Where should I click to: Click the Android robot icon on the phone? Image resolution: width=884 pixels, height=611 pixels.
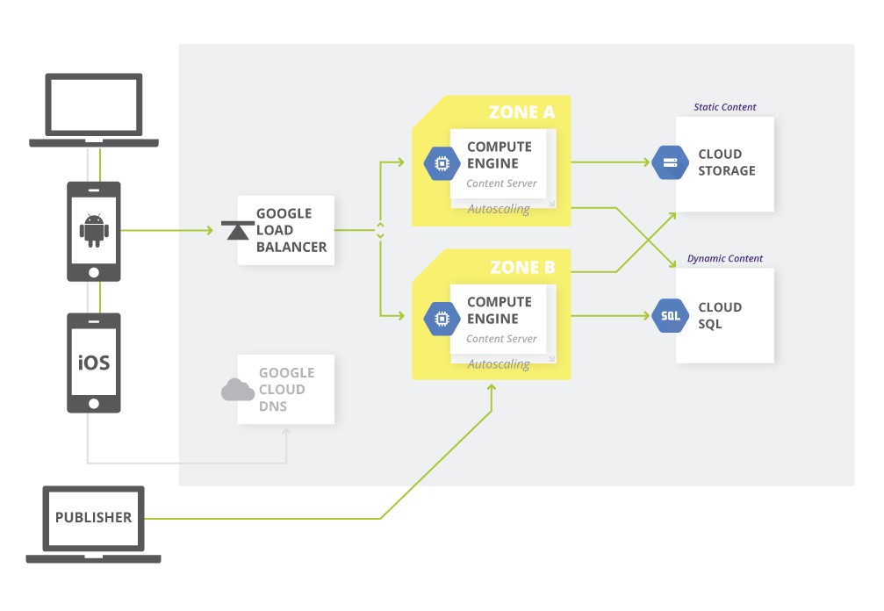(x=94, y=229)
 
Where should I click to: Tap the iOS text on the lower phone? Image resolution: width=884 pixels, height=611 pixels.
(x=94, y=362)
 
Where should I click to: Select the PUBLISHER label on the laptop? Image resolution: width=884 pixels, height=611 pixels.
(x=93, y=518)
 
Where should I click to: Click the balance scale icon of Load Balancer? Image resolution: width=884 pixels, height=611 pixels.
(x=235, y=231)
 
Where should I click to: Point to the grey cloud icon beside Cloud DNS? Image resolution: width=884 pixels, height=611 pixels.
(x=237, y=390)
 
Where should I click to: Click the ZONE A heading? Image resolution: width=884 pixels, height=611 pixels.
(x=521, y=112)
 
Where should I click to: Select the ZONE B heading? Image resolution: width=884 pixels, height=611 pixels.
(x=521, y=267)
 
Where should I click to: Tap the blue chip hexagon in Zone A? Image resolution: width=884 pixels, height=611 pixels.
(x=442, y=164)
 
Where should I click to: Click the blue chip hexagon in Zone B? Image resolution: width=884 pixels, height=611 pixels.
(x=442, y=319)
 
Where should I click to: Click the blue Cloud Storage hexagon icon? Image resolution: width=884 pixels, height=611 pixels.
(x=671, y=162)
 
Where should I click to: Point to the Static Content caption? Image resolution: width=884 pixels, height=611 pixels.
(x=724, y=107)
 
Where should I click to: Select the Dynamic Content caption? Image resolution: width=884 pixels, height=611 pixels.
(x=724, y=259)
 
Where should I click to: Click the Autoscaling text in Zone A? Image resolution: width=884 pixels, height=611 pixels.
(x=498, y=210)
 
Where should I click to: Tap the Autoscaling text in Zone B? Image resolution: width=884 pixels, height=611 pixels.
(x=498, y=363)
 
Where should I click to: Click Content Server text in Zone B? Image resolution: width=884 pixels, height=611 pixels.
(x=501, y=339)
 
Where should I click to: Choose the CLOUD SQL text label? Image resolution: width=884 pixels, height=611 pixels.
(x=720, y=316)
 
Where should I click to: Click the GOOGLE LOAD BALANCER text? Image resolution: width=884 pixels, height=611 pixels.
(x=291, y=230)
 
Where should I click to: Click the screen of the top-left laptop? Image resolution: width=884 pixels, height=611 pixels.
(x=94, y=104)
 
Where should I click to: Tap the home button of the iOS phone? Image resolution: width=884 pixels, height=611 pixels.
(x=94, y=404)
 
